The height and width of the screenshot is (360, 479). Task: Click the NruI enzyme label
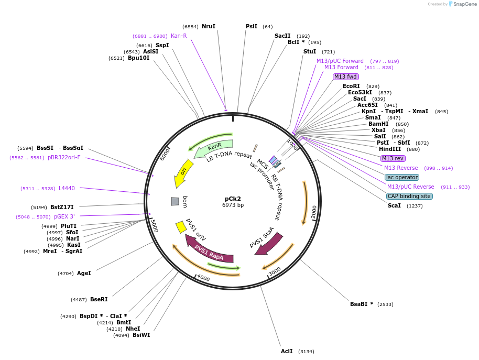(209, 26)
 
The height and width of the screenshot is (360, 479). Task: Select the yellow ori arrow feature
(183, 173)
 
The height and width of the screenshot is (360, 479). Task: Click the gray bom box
(175, 201)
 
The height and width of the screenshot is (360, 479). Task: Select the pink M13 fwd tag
(345, 77)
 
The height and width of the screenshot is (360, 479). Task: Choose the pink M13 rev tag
(393, 158)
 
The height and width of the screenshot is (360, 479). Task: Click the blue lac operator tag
(401, 177)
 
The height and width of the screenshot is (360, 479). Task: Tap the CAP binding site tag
(409, 196)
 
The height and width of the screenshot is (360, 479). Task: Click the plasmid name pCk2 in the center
(233, 199)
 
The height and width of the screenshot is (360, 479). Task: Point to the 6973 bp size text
(233, 205)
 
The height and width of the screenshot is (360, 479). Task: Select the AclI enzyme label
(287, 351)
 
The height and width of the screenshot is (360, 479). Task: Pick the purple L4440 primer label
(67, 188)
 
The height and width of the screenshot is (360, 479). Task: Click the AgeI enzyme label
(84, 273)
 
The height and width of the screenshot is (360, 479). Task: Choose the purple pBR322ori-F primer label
(64, 157)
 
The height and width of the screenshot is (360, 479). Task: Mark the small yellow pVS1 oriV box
(181, 226)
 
